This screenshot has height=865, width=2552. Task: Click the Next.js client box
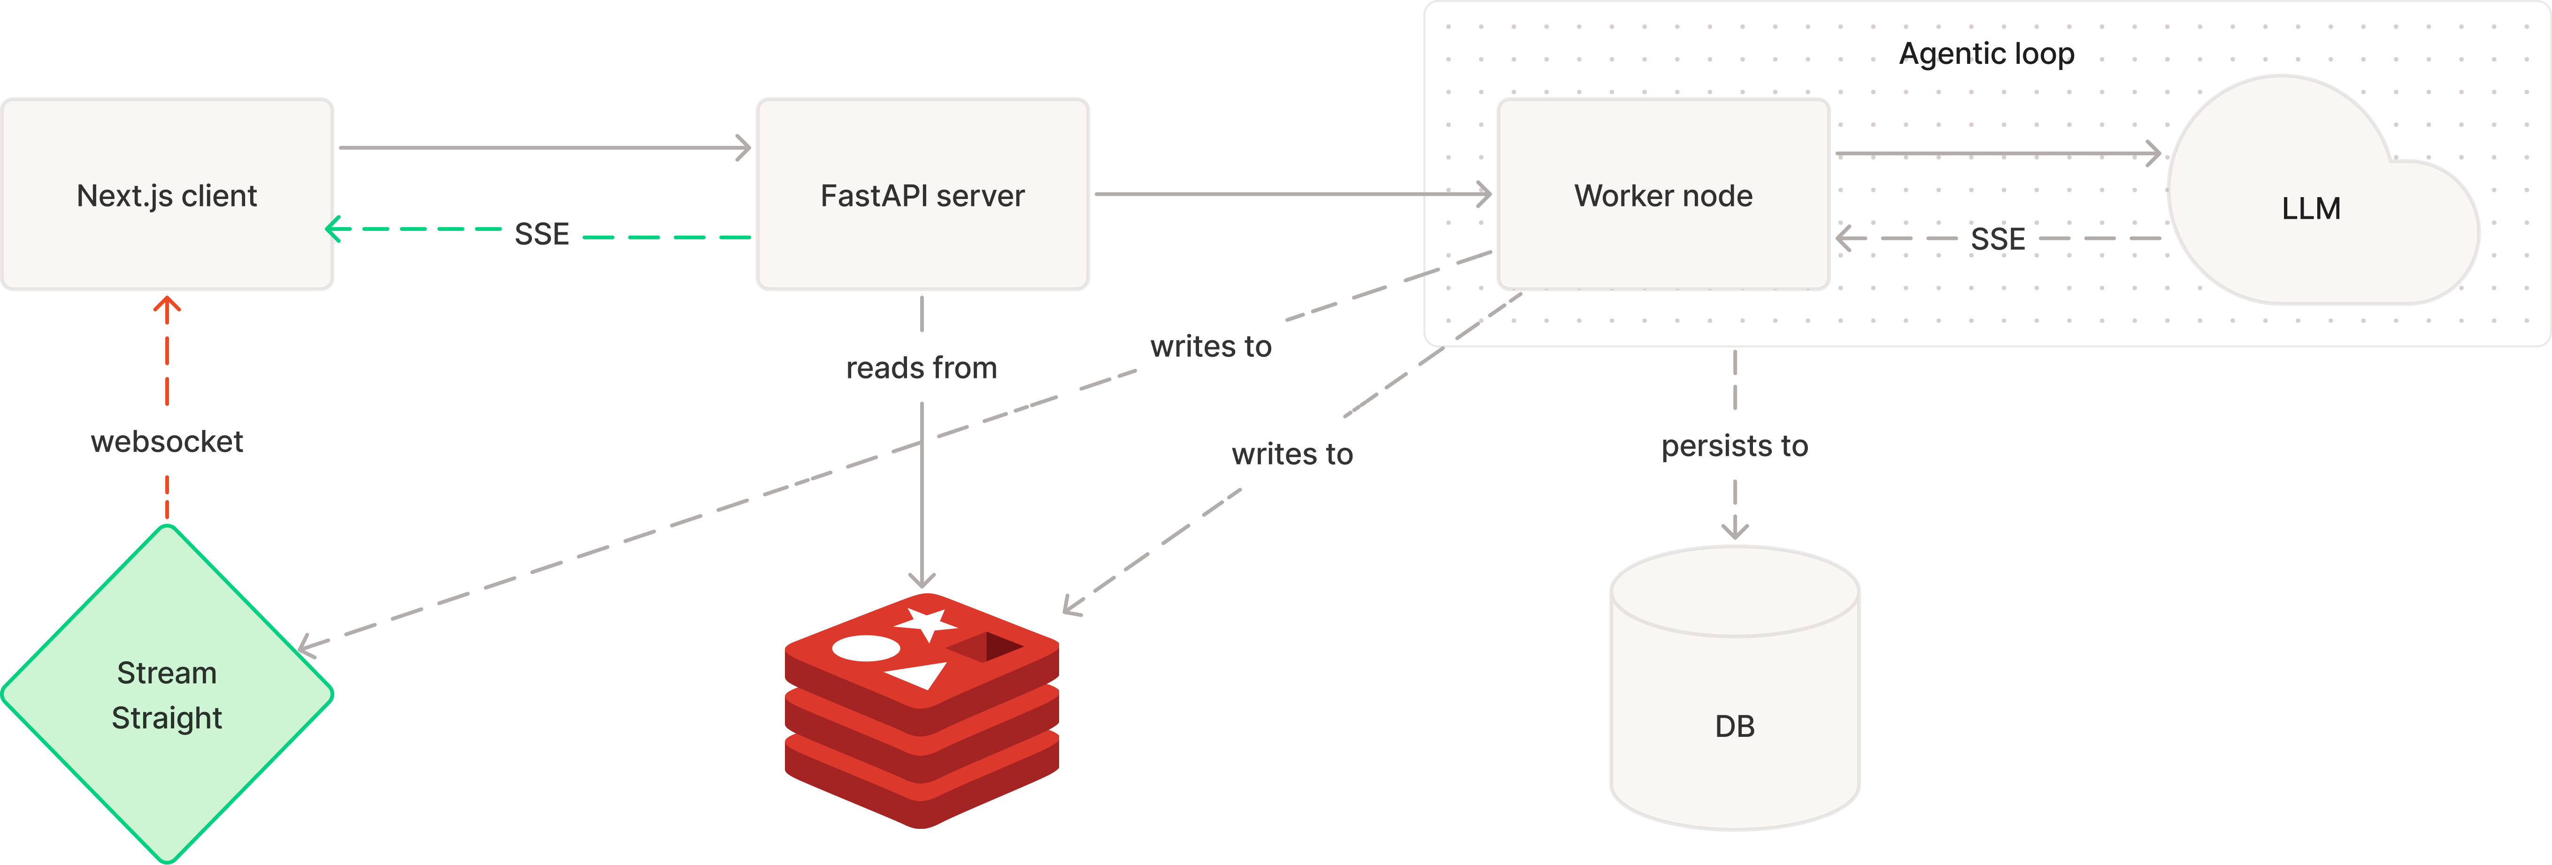167,194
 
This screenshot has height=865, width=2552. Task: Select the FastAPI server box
922,194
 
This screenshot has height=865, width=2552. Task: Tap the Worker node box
1663,194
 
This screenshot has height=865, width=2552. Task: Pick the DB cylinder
1735,688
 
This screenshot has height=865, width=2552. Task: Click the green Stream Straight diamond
167,694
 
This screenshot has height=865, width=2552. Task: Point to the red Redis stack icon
922,711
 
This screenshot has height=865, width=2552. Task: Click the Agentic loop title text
1986,54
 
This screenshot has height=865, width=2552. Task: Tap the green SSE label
542,234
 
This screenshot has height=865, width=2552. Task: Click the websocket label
167,441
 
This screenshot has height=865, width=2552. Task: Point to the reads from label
922,367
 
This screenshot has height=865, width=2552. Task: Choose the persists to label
1735,446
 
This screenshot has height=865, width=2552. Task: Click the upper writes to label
1211,346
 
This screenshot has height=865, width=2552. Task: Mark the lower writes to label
1292,454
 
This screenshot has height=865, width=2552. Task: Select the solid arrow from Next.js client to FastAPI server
545,148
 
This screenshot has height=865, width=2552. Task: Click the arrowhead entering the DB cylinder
1735,528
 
